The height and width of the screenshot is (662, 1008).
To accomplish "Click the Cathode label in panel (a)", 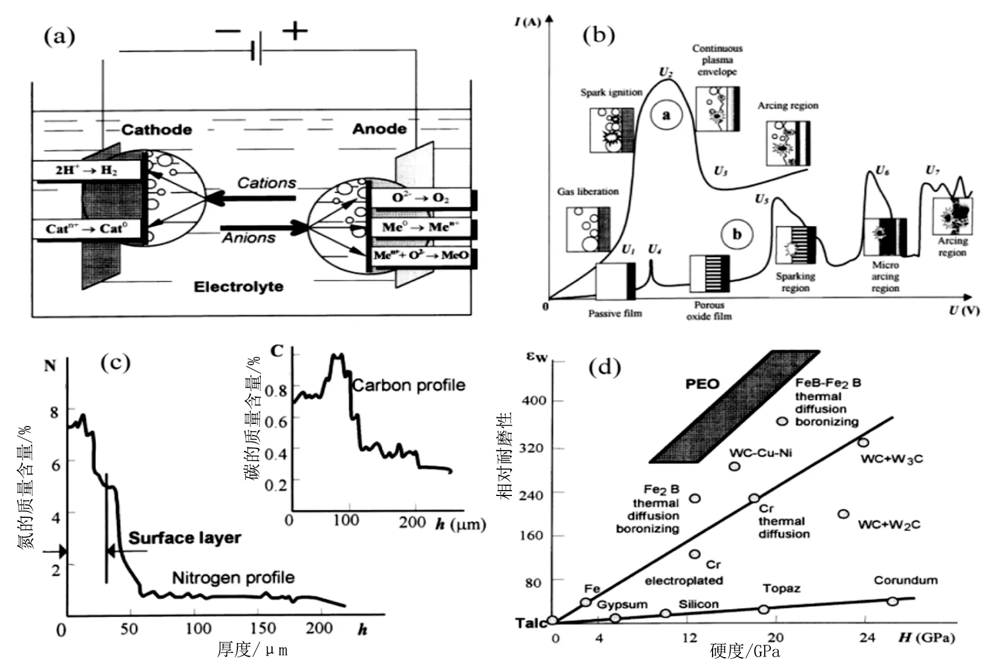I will coord(156,130).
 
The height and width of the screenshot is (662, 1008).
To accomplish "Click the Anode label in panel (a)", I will coord(379,129).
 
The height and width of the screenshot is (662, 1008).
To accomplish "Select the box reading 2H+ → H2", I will coord(86,170).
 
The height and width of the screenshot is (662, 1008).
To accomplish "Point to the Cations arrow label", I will coord(266,183).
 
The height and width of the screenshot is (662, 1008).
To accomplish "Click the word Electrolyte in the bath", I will coord(238,287).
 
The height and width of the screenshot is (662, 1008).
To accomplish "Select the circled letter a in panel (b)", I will coord(666,115).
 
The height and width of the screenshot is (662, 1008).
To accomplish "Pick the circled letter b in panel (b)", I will coord(737,234).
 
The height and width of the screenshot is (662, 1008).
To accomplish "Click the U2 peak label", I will coord(666,72).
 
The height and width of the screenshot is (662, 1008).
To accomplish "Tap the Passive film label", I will coord(615,313).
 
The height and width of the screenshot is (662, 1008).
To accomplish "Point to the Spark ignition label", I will coord(611,92).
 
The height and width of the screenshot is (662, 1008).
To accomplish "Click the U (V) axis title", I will coord(964,311).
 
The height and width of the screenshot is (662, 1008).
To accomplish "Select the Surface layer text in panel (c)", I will coord(185,538).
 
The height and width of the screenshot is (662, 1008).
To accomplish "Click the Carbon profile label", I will coord(409,385).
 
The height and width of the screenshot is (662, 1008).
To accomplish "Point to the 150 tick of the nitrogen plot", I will coord(263,628).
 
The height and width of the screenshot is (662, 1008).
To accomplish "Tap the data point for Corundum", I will coord(892,601).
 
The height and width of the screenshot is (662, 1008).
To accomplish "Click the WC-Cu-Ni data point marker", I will coord(734,466).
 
